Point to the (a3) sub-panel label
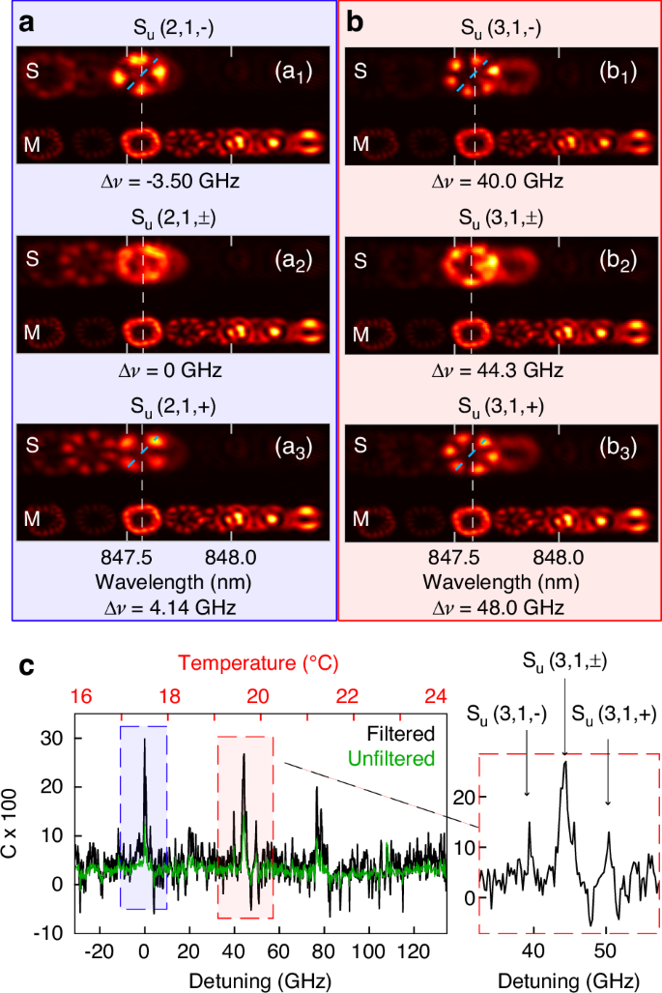coord(292,447)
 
